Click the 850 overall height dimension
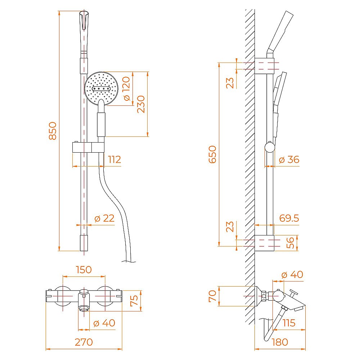53,131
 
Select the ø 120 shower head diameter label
126,89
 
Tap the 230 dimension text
141,104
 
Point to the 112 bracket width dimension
114,159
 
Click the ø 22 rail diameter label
104,218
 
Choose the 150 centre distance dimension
84,270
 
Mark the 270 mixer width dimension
84,342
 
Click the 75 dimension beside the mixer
134,301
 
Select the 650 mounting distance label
213,154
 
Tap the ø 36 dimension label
289,159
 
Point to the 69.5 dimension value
289,218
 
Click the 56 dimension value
290,243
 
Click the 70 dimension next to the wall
213,296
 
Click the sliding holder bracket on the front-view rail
88,148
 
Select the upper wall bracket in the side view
265,66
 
